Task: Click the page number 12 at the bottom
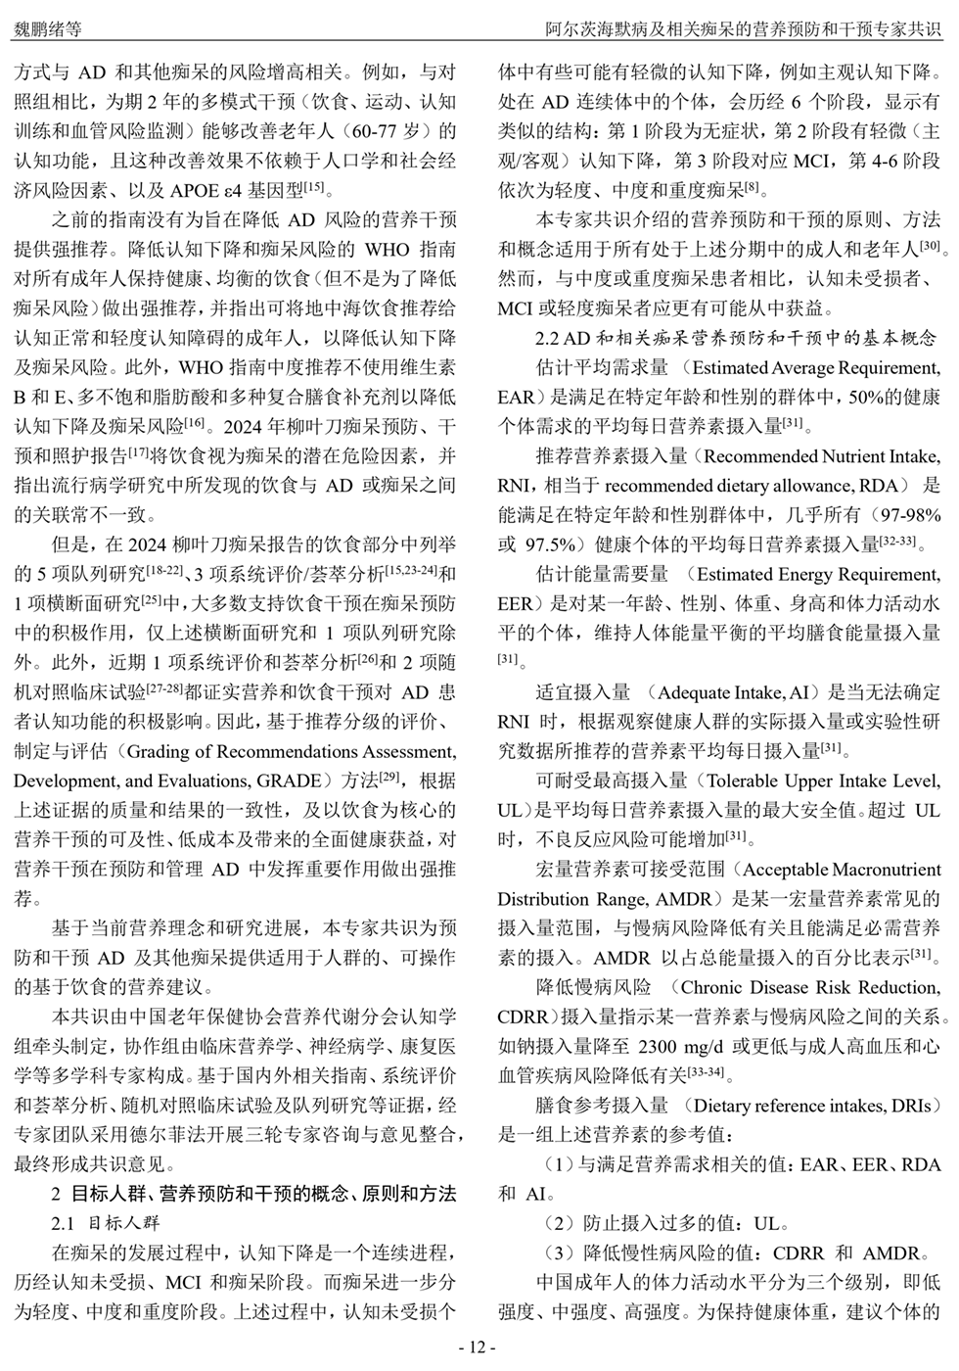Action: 479,1347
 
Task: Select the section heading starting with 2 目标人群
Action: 252,1195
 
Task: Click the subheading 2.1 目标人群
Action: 105,1224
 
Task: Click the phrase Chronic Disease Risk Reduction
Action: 808,987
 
